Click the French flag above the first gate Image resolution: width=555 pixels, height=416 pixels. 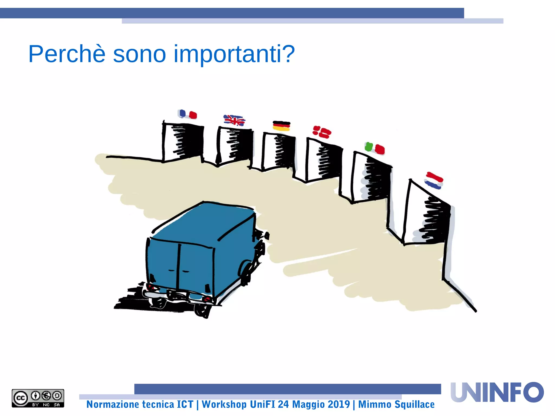[187, 114]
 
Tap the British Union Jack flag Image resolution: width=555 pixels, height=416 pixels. [234, 120]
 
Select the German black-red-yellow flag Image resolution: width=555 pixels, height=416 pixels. [281, 126]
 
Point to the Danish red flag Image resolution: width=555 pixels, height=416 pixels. [322, 132]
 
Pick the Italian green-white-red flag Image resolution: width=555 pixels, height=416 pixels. [375, 148]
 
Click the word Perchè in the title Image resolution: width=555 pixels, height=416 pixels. [67, 54]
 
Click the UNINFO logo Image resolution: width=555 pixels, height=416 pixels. [497, 392]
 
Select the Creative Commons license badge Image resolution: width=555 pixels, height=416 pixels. [38, 398]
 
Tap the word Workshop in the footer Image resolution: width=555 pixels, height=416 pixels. [224, 404]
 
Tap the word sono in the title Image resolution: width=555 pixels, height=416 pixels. [139, 54]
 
